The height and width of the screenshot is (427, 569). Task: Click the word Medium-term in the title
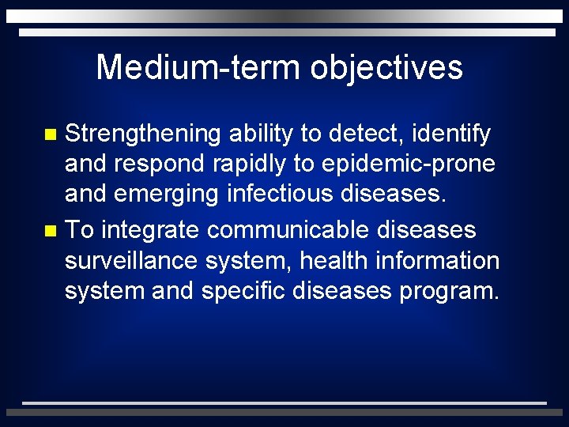click(198, 68)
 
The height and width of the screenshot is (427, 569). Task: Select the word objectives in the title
click(386, 68)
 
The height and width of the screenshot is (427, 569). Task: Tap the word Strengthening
click(142, 134)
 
